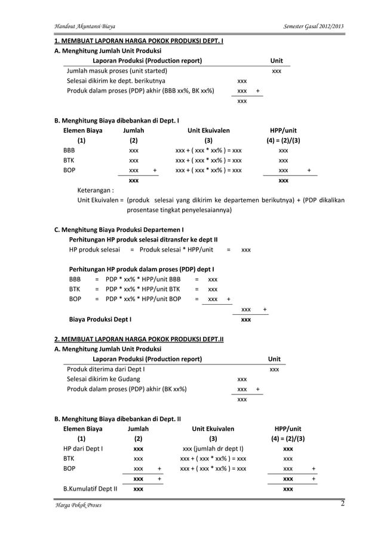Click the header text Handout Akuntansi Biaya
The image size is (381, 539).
85,27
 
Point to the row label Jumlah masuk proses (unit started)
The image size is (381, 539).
116,71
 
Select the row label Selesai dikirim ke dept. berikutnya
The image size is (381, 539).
116,81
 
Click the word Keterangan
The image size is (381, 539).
96,191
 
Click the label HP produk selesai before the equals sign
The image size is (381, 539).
94,249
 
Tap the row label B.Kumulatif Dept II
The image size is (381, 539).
90,489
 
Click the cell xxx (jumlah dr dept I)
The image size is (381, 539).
213,448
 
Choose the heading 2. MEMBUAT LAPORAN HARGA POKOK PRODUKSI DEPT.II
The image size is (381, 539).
139,339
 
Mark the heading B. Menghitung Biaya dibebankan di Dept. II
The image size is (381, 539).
118,419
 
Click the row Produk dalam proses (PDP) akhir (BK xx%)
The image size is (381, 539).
127,389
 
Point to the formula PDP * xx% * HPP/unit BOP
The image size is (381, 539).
143,299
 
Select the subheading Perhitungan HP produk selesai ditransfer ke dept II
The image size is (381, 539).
143,239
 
